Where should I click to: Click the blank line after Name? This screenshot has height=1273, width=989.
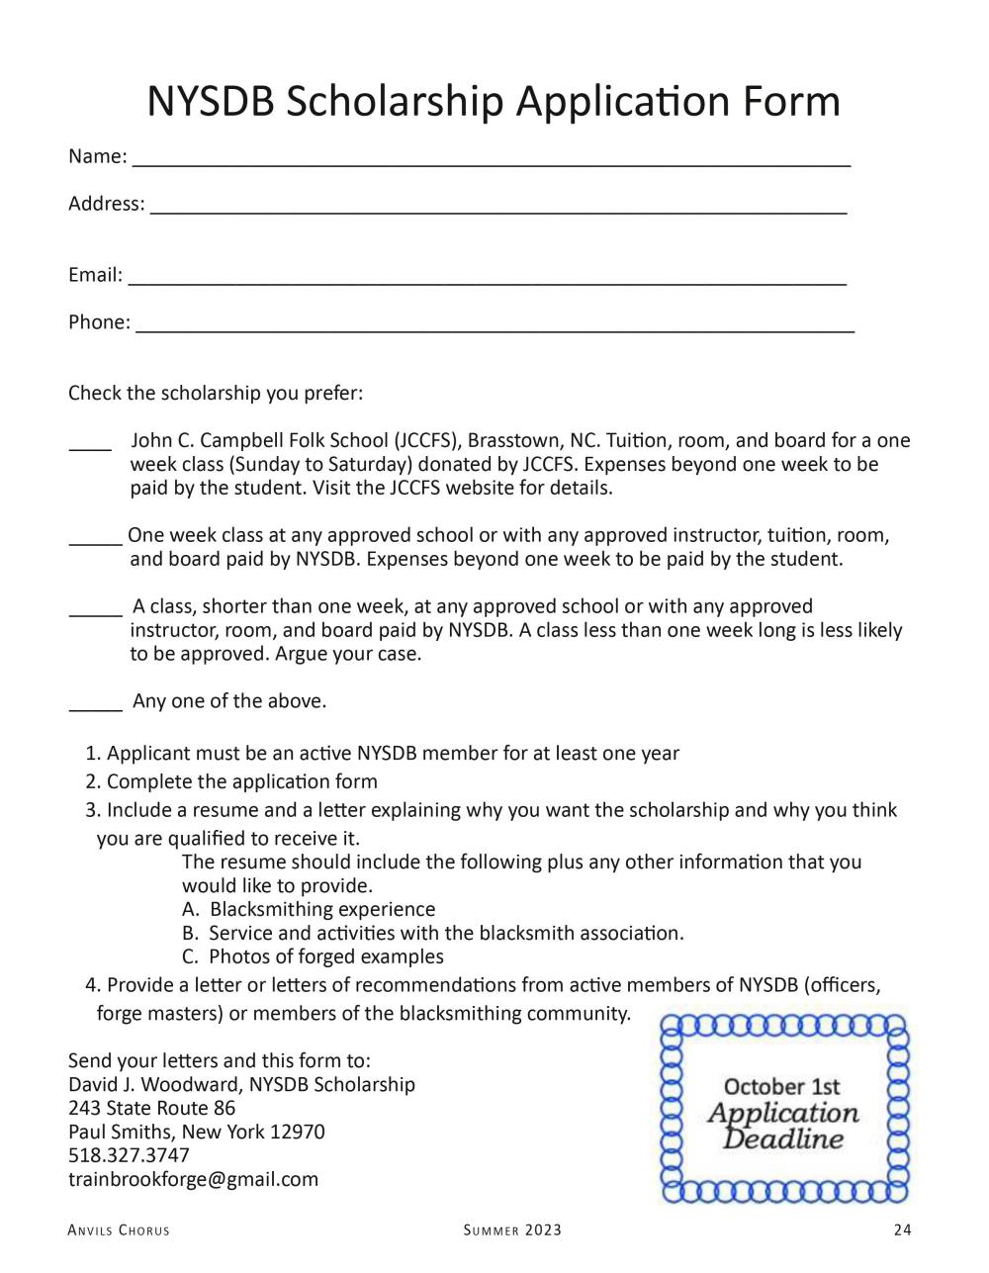pos(492,162)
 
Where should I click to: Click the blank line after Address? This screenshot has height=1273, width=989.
pos(498,210)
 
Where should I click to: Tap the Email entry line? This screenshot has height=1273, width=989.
pos(487,281)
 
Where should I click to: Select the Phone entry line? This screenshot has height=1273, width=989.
pos(494,328)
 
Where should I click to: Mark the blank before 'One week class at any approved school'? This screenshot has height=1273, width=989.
pos(95,541)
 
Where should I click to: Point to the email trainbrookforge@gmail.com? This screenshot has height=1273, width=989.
pos(194,1179)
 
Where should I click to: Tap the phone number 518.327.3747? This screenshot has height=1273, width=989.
pos(129,1155)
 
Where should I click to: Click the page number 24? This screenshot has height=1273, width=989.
pos(901,1230)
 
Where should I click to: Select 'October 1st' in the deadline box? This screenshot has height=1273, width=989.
pos(782,1087)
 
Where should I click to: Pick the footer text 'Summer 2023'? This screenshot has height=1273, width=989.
pos(512,1230)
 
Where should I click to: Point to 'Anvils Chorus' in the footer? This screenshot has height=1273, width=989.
pos(119,1230)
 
